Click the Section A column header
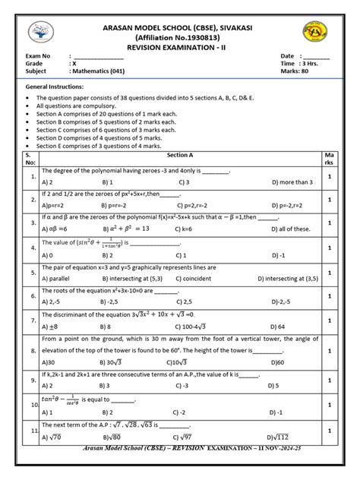pos(179,154)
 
